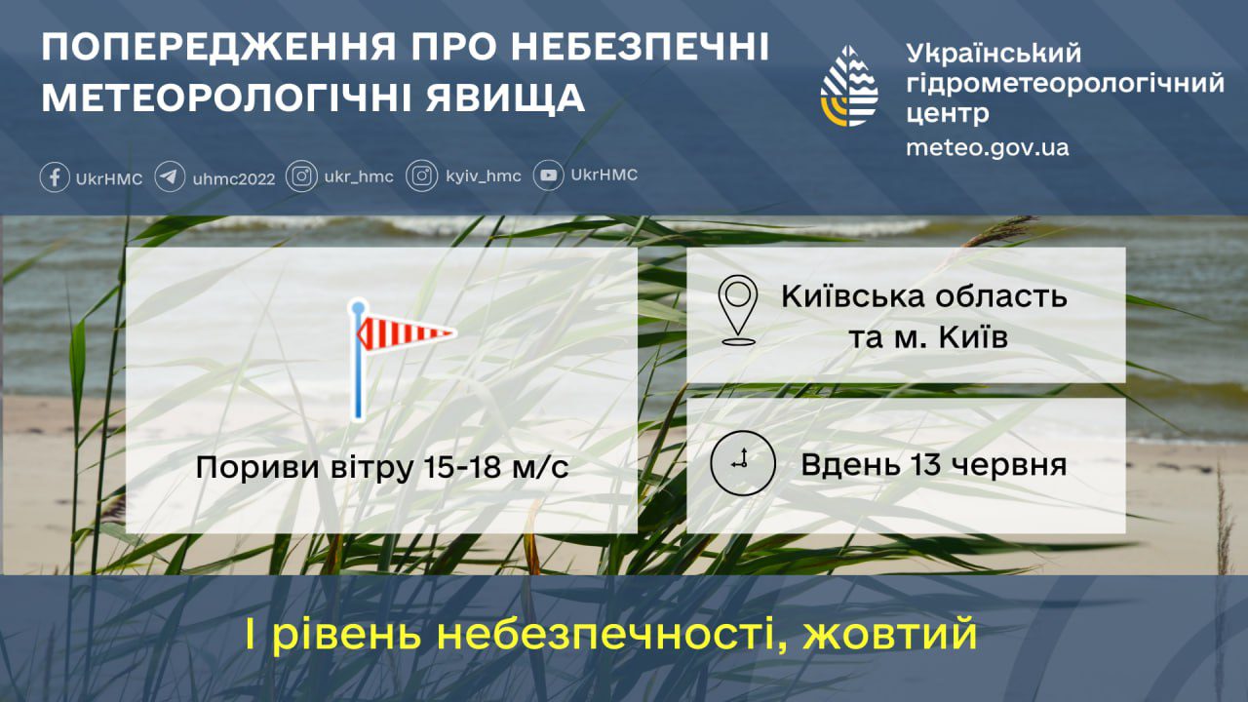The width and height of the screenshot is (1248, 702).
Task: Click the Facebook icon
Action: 55,177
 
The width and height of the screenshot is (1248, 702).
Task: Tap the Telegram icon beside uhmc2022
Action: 170,177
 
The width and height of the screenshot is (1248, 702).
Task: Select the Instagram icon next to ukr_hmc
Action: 302,176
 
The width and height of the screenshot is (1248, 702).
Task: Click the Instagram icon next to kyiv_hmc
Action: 421,176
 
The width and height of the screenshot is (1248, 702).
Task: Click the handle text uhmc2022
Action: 234,178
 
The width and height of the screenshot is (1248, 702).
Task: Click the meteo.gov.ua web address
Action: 987,148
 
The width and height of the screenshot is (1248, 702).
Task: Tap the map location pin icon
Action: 738,310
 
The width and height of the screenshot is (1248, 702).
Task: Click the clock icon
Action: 742,463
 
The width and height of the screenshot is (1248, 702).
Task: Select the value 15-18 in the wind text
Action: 467,468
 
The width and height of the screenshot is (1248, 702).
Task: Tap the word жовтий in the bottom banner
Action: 890,635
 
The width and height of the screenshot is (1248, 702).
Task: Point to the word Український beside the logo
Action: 994,54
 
